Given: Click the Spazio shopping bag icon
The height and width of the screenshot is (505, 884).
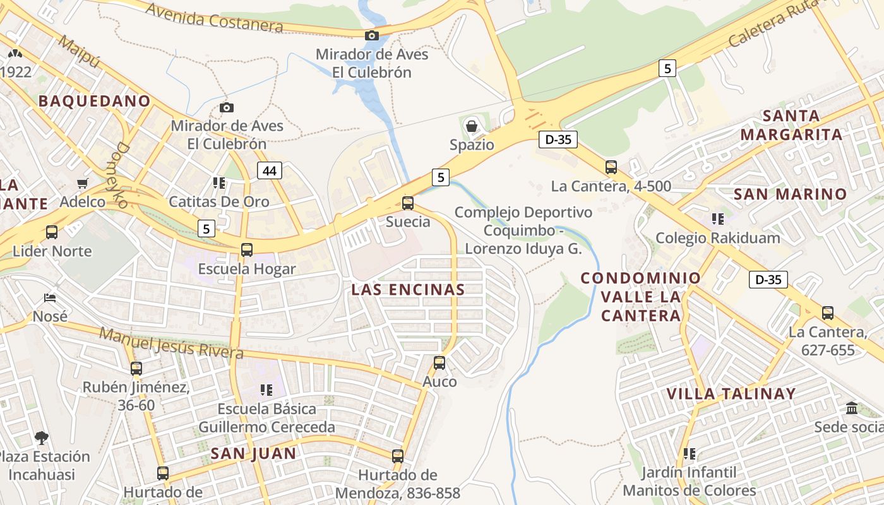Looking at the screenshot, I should click(x=471, y=126).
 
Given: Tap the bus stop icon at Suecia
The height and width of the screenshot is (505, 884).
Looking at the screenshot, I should click(x=408, y=203).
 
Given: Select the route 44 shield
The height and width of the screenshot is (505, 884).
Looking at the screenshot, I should click(x=270, y=170).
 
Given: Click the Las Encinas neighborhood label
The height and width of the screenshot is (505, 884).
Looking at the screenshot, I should click(x=408, y=290).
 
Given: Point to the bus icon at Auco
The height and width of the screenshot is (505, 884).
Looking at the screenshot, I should click(x=439, y=363).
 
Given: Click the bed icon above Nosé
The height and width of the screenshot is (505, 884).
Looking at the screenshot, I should click(x=50, y=298).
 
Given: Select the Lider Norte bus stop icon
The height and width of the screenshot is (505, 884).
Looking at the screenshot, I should click(x=52, y=232).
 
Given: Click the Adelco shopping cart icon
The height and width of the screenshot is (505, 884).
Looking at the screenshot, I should click(x=83, y=184).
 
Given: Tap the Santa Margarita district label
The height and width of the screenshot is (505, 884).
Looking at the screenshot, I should click(x=791, y=125).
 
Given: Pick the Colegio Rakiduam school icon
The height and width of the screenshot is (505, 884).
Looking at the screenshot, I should click(x=717, y=219).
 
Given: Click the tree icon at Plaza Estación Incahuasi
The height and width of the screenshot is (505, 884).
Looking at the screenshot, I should click(x=42, y=437).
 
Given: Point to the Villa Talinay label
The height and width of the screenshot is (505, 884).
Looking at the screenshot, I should click(x=731, y=394).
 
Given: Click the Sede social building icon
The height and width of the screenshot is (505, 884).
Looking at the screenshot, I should click(x=852, y=408).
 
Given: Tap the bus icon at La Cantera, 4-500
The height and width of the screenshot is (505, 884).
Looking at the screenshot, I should click(x=611, y=167).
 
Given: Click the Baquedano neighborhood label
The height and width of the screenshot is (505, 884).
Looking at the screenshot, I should click(x=95, y=101).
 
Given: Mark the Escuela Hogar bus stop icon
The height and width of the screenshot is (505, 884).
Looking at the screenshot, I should click(x=247, y=250).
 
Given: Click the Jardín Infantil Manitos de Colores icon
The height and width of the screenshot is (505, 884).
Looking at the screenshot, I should click(x=690, y=453).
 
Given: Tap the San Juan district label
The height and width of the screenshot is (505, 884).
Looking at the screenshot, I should click(x=253, y=453).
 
